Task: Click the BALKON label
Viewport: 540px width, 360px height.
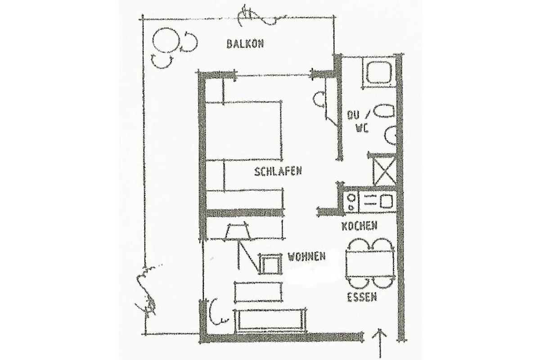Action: tap(245, 44)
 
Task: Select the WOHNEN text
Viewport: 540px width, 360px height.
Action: tap(306, 256)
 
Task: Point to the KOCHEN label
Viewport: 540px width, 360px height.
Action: tap(360, 226)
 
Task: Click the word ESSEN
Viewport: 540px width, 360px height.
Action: tap(362, 297)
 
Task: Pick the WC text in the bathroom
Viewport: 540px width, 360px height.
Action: tap(362, 129)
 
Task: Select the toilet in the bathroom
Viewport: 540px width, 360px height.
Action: tap(384, 112)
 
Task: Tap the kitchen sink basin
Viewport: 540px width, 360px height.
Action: tap(386, 201)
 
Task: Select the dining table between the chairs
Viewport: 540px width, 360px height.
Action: tap(370, 264)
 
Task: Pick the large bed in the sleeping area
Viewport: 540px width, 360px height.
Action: tap(244, 130)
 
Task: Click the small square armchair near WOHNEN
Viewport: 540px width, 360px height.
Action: tap(270, 264)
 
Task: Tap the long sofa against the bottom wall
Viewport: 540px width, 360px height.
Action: tap(270, 320)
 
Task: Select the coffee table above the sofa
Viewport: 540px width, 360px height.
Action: tap(258, 292)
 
